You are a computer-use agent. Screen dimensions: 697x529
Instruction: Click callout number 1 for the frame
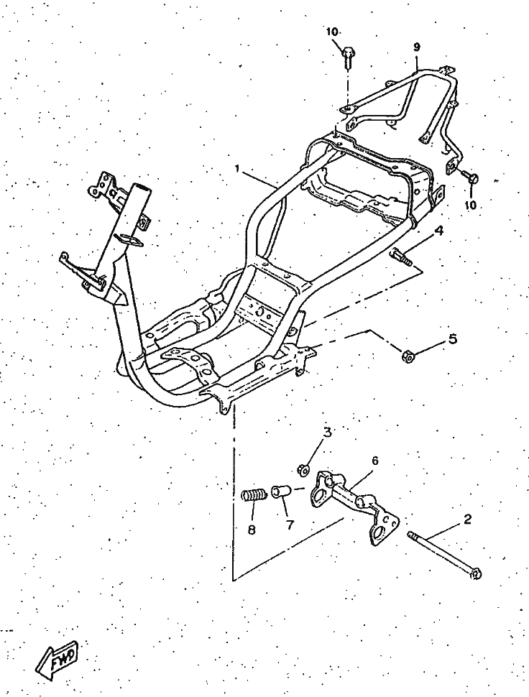[236, 170]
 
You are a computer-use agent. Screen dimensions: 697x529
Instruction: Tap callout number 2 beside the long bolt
[467, 520]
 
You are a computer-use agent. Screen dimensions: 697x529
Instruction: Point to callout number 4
[438, 231]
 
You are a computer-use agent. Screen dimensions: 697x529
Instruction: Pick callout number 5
[452, 339]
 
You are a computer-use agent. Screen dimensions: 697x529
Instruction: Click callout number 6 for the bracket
[374, 461]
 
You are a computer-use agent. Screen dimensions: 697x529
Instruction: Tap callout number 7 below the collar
[290, 525]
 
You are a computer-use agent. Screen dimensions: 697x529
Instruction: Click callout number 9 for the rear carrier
[416, 47]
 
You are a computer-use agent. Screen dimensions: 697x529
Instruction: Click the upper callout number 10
[331, 32]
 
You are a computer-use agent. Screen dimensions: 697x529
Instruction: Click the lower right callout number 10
[470, 205]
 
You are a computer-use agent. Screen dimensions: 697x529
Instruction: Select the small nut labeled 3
[305, 471]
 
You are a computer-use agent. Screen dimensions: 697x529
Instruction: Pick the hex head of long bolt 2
[475, 573]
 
